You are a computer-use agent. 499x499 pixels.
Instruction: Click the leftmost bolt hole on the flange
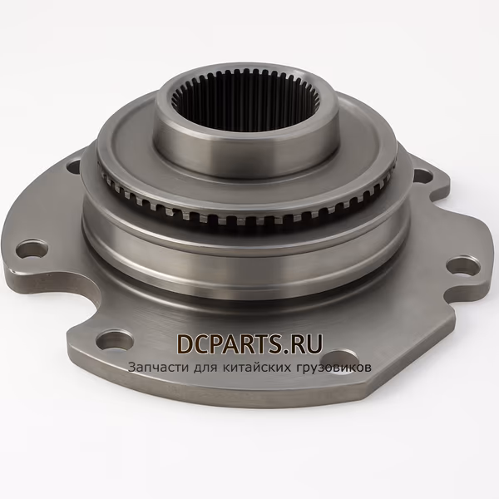(x=32, y=249)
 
